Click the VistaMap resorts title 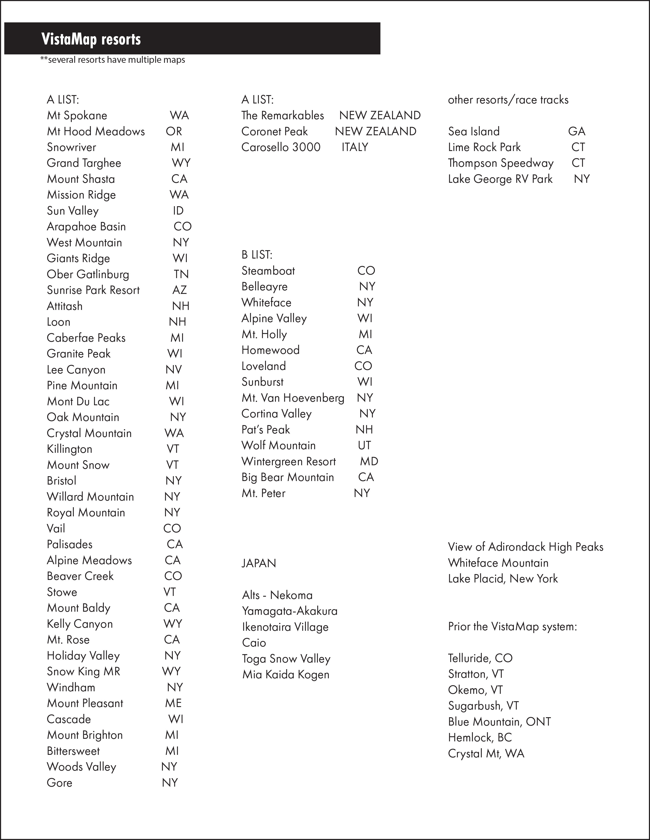91,39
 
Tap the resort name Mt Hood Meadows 96,131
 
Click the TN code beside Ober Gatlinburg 181,274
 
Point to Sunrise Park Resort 93,290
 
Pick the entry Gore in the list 59,783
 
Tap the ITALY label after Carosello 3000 355,147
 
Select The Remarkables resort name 283,115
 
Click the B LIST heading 257,254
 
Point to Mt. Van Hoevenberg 293,398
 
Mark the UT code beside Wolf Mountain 364,445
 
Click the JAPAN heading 259,563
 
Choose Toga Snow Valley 286,659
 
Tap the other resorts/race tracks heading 508,100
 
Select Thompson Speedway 501,163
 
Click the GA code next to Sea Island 576,131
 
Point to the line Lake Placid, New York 503,579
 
